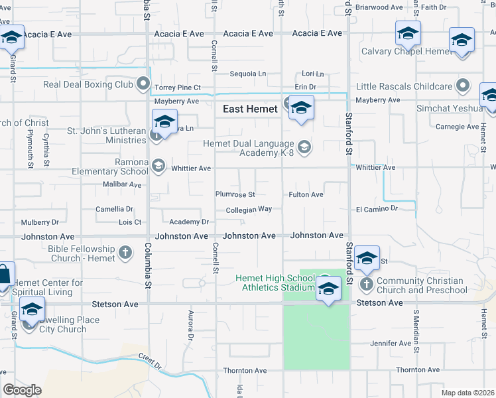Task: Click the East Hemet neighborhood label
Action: (250, 109)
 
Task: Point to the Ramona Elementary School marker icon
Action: (158, 166)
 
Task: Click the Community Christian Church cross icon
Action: (367, 284)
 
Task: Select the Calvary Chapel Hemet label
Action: (405, 51)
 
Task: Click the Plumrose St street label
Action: (235, 194)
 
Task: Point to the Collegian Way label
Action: (249, 209)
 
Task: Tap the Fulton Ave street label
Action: (306, 194)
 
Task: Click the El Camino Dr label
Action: (376, 208)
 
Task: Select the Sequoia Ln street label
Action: (247, 74)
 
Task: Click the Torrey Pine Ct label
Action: (177, 88)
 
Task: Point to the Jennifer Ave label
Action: (391, 344)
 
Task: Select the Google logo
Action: (22, 390)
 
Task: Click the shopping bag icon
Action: (4, 275)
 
